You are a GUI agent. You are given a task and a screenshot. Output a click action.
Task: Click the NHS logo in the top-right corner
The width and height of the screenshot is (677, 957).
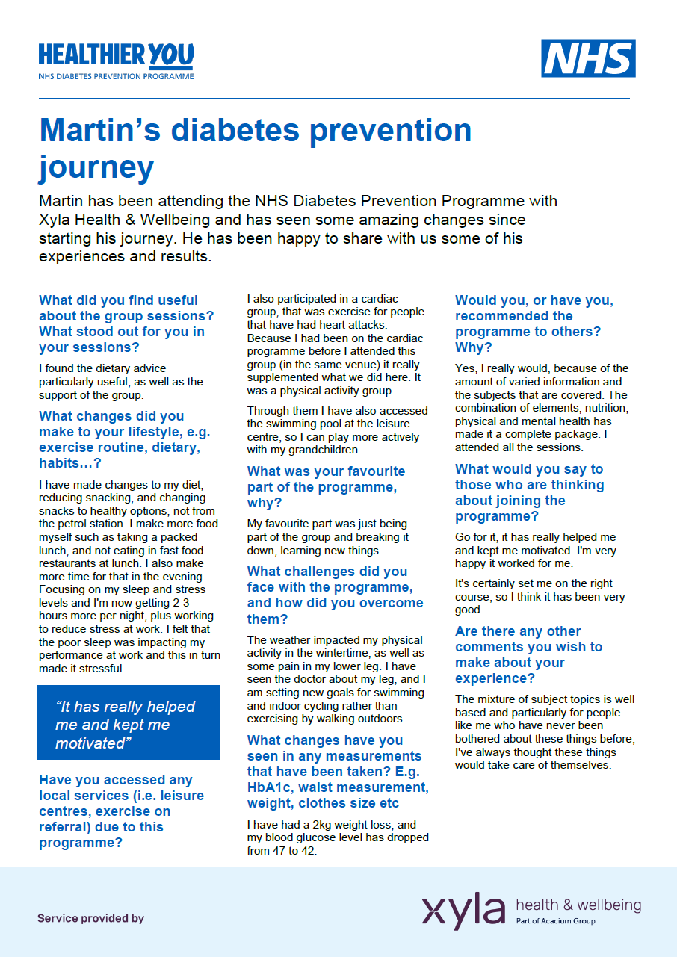pyautogui.click(x=588, y=59)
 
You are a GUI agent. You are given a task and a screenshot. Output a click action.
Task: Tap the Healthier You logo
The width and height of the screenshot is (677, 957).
pyautogui.click(x=116, y=61)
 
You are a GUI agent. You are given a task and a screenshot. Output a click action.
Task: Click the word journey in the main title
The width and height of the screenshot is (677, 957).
pyautogui.click(x=96, y=167)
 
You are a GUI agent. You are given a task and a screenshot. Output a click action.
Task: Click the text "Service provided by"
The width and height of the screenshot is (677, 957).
pyautogui.click(x=90, y=918)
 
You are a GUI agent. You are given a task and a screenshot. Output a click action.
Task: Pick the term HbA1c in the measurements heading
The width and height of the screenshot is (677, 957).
pyautogui.click(x=274, y=787)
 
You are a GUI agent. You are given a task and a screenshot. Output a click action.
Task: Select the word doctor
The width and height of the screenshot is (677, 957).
pyautogui.click(x=323, y=679)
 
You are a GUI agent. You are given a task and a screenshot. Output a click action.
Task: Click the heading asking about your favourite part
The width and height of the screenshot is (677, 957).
pyautogui.click(x=326, y=487)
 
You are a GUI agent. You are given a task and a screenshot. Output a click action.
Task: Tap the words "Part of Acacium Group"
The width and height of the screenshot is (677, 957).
pyautogui.click(x=555, y=921)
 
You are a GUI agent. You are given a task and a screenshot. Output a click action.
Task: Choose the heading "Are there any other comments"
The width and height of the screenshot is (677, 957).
pyautogui.click(x=528, y=654)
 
